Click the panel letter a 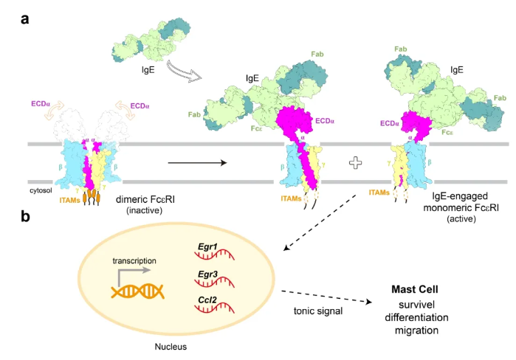click(x=24, y=19)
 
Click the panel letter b click(x=25, y=216)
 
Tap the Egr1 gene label click(x=207, y=246)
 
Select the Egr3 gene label click(x=207, y=274)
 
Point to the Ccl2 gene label click(x=207, y=300)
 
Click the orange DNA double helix click(x=137, y=291)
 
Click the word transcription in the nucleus click(x=134, y=260)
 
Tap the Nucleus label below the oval click(x=171, y=347)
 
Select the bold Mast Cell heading click(x=415, y=289)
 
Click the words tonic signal click(x=318, y=311)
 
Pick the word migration click(x=416, y=330)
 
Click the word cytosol click(x=41, y=190)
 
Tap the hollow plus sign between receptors click(x=355, y=163)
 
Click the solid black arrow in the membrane click(x=197, y=163)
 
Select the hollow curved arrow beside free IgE click(x=184, y=71)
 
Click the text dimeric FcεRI click(x=145, y=199)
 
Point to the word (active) click(x=461, y=219)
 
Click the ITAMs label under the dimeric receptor click(x=70, y=200)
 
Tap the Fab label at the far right click(x=500, y=98)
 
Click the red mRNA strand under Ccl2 click(x=214, y=308)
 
